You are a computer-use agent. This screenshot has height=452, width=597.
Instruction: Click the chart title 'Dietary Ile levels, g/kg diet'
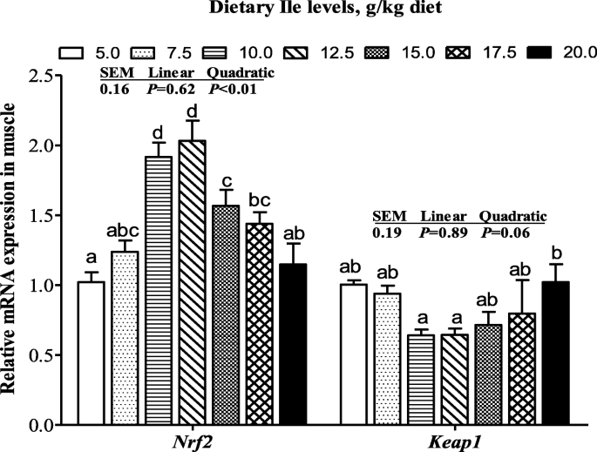coord(298,10)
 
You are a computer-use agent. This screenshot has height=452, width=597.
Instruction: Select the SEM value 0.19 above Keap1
coord(386,232)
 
